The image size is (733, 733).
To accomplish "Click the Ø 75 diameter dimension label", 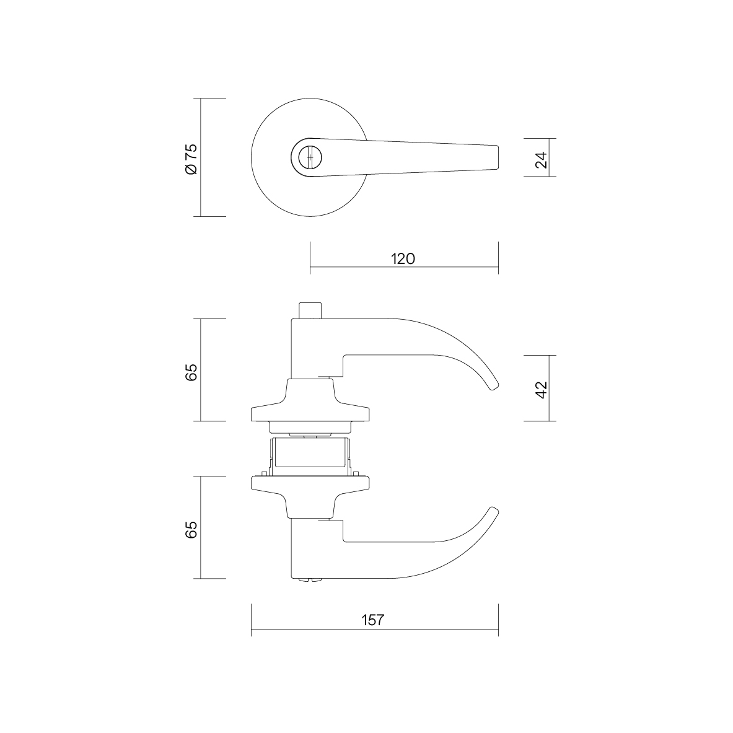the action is tap(191, 159).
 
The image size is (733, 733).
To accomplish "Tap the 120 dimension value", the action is tap(403, 258).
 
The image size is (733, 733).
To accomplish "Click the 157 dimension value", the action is tap(372, 620).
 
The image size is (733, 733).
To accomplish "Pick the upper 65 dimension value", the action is tap(191, 372).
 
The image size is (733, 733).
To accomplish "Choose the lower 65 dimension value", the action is tap(191, 530).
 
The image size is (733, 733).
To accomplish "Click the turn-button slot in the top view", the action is tap(309, 157).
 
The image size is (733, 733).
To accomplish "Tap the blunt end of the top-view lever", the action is tap(497, 157).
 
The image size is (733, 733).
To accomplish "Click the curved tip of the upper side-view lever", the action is tap(494, 385).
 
